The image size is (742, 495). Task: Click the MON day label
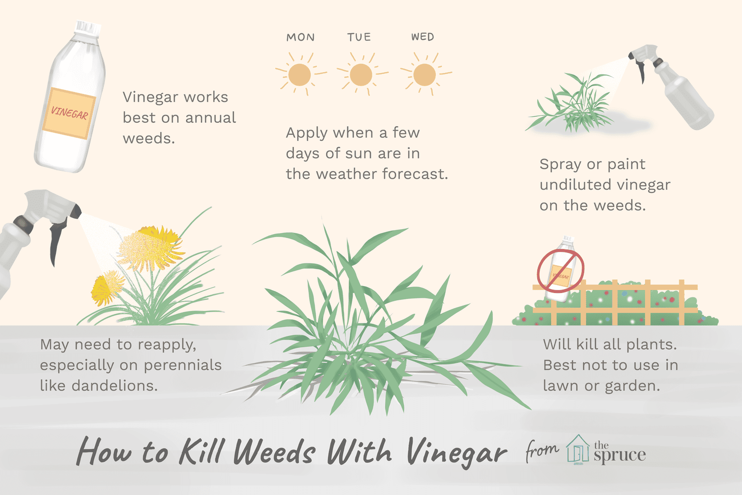pyautogui.click(x=300, y=37)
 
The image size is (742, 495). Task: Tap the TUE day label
pyautogui.click(x=359, y=37)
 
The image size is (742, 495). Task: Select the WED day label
pyautogui.click(x=422, y=37)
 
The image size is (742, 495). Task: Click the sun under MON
pyautogui.click(x=299, y=75)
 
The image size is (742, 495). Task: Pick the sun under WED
pyautogui.click(x=424, y=75)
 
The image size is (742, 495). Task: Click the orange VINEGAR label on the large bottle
pyautogui.click(x=69, y=113)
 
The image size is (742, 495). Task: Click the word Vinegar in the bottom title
pyautogui.click(x=456, y=452)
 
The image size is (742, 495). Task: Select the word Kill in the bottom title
pyautogui.click(x=200, y=450)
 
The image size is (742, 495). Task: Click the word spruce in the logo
pyautogui.click(x=620, y=455)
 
